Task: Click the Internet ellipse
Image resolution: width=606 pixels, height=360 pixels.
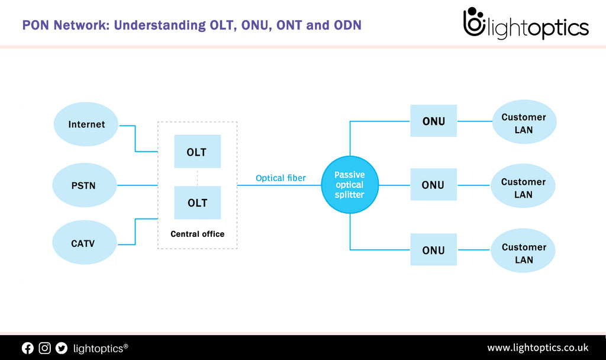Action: coord(86,124)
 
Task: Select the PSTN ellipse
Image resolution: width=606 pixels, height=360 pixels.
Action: coord(83,185)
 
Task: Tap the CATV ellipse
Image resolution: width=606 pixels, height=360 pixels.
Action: coord(83,243)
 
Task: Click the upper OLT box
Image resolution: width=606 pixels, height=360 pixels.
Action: coord(197,152)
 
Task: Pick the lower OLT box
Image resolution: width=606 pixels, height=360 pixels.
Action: coord(197,202)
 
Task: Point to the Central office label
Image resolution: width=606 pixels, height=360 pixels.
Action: coord(197,234)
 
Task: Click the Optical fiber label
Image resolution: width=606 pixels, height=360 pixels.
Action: coord(281,178)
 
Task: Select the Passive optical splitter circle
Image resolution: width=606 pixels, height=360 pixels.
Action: coord(350,185)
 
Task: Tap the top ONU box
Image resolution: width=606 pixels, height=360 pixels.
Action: coord(433,121)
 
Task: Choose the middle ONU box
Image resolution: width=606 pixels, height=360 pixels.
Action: coord(433,185)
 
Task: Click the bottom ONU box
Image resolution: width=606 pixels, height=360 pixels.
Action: coord(433,250)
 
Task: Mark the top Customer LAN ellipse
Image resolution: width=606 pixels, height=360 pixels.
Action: coord(524,123)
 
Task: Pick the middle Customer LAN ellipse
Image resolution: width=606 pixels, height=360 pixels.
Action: coord(523,188)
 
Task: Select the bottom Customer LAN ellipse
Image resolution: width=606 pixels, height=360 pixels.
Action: coord(523,253)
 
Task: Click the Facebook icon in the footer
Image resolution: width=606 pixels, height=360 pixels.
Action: coord(28,348)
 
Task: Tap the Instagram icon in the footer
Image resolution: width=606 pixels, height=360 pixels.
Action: coord(45,348)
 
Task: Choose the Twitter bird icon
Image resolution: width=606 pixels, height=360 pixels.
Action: coord(62,348)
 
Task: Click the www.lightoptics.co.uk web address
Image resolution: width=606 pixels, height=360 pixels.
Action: coord(537,348)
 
